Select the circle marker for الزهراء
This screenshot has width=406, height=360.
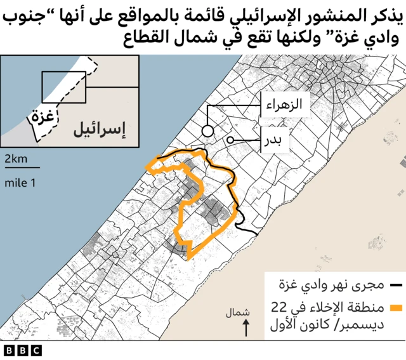click(207, 131)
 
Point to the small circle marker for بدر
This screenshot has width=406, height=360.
click(230, 140)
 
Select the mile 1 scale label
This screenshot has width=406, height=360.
click(20, 183)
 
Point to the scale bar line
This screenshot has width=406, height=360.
click(22, 168)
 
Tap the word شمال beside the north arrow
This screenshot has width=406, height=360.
click(237, 313)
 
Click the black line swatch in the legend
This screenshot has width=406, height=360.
click(398, 283)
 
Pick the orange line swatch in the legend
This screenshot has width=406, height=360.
click(398, 309)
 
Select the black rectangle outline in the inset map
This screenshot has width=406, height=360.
click(63, 87)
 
